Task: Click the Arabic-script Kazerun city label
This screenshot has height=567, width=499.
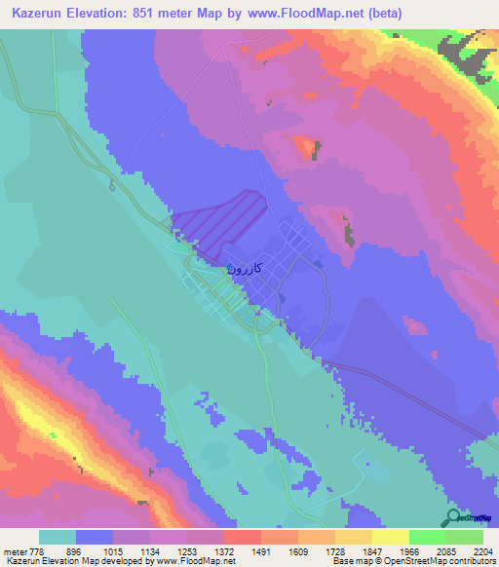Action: [x=246, y=266]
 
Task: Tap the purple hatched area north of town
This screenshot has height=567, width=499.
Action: [x=222, y=223]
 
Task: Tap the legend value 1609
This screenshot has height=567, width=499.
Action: [x=299, y=551]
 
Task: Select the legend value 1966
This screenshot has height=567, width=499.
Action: [x=409, y=551]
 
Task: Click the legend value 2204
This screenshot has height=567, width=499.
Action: [x=482, y=551]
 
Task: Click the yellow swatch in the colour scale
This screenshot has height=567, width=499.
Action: [x=390, y=537]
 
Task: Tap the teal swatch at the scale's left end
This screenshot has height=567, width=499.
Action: [x=58, y=537]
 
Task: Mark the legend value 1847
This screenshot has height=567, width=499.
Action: [x=372, y=551]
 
